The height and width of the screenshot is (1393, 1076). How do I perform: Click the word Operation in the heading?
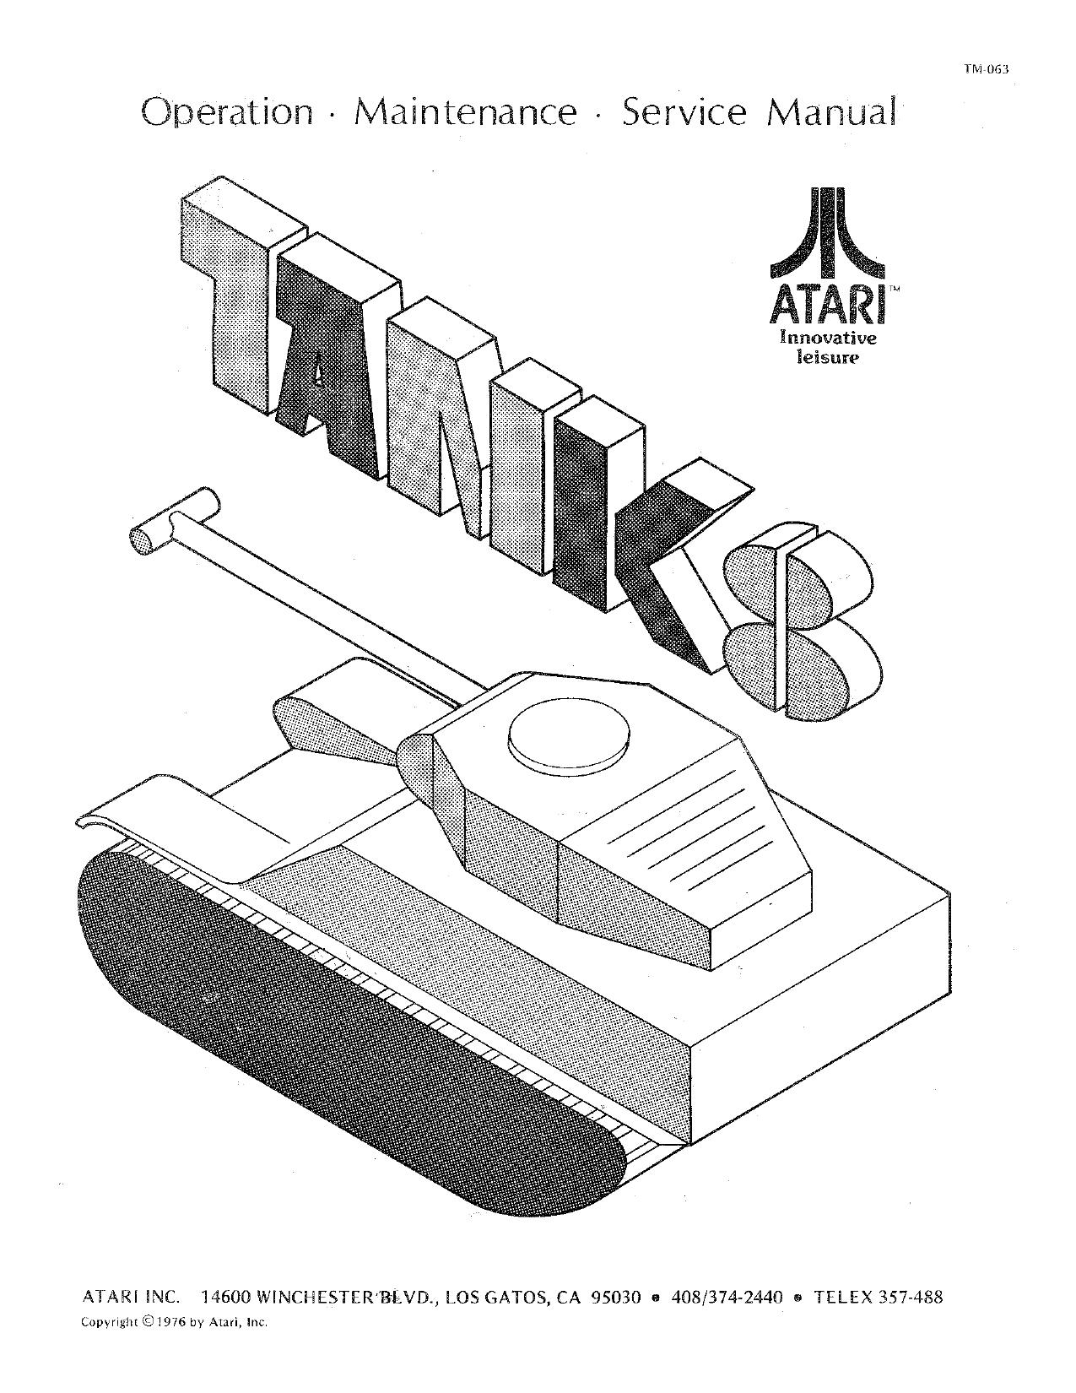[x=227, y=113]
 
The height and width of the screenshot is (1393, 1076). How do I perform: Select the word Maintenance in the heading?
[x=466, y=113]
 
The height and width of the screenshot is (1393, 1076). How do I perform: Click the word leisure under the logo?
[x=828, y=357]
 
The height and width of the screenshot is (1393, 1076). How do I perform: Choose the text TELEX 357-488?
[x=878, y=1298]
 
